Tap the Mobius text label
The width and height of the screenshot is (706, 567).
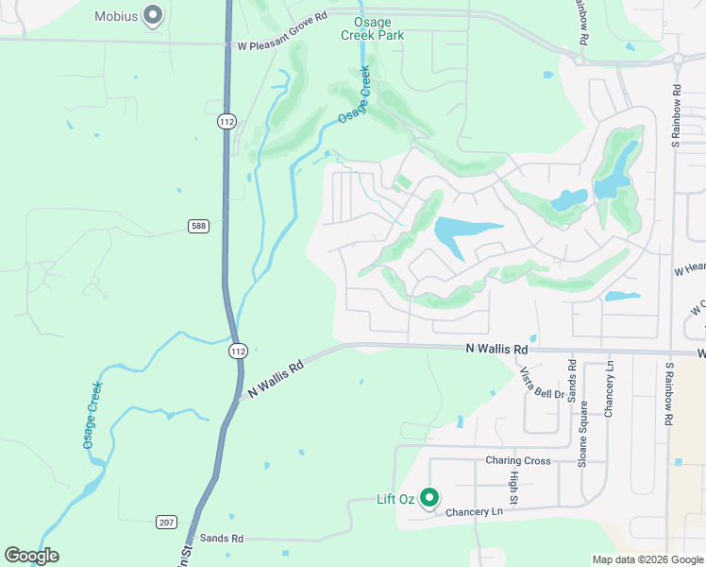point(116,16)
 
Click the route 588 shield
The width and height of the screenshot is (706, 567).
point(196,226)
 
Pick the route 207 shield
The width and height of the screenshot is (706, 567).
point(167,522)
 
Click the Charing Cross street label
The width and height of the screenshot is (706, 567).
point(517,461)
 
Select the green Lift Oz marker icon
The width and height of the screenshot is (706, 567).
point(429,496)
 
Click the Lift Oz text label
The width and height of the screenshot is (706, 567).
point(396,499)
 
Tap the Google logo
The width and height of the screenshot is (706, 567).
point(31,556)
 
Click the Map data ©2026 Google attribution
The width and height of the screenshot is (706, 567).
point(647,559)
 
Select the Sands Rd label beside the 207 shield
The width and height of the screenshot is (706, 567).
point(222,538)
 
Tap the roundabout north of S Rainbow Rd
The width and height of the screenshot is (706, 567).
point(677,59)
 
